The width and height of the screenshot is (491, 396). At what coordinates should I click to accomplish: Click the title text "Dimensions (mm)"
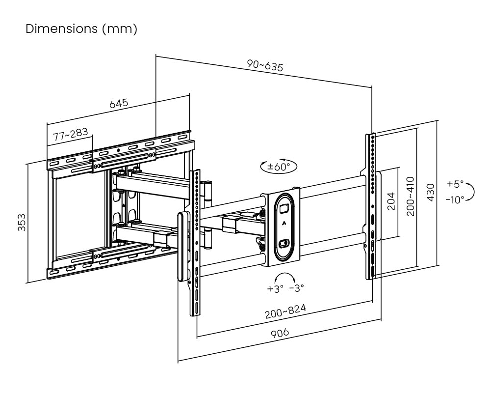pyautogui.click(x=81, y=29)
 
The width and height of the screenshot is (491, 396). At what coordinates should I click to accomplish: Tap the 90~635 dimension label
pyautogui.click(x=265, y=66)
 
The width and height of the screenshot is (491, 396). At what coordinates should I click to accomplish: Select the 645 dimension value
pyautogui.click(x=118, y=104)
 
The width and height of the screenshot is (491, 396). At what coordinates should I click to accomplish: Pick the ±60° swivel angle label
pyautogui.click(x=279, y=167)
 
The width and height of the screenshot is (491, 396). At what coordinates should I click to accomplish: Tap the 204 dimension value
pyautogui.click(x=391, y=200)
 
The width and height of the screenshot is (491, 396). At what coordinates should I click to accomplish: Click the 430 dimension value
pyautogui.click(x=431, y=193)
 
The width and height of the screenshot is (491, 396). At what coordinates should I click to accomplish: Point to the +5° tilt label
pyautogui.click(x=455, y=184)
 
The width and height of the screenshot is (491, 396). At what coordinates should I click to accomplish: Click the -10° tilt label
pyautogui.click(x=455, y=199)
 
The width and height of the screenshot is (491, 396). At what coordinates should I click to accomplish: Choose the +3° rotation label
pyautogui.click(x=276, y=288)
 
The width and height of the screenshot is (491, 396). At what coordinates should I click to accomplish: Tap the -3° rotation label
pyautogui.click(x=296, y=288)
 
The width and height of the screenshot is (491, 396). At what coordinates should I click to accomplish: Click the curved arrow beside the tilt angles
pyautogui.click(x=471, y=192)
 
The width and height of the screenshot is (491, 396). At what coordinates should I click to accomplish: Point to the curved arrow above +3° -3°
pyautogui.click(x=286, y=276)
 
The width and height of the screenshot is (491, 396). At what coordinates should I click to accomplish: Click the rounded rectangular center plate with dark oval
pyautogui.click(x=284, y=227)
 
